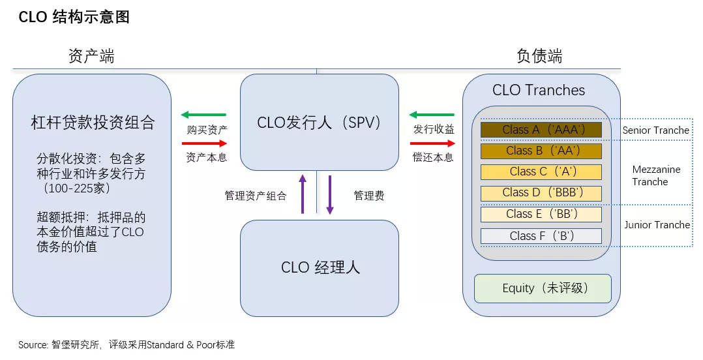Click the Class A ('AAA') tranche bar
click(x=541, y=130)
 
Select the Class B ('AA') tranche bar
click(x=541, y=151)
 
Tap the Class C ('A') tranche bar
click(x=541, y=172)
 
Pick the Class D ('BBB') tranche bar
click(x=541, y=193)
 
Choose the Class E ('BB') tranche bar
click(x=541, y=214)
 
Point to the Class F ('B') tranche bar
click(x=541, y=235)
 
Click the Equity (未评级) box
click(x=543, y=288)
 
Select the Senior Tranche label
click(x=655, y=130)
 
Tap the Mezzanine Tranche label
click(x=656, y=175)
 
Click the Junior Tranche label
click(x=657, y=225)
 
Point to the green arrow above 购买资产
click(x=203, y=115)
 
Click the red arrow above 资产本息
click(x=204, y=143)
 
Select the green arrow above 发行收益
click(x=432, y=115)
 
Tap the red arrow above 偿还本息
click(x=432, y=143)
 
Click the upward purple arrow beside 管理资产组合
click(x=303, y=193)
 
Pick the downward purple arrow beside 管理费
click(x=330, y=194)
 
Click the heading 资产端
click(x=91, y=56)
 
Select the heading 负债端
click(x=539, y=56)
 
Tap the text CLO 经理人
click(x=320, y=267)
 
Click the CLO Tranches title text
click(x=539, y=90)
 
